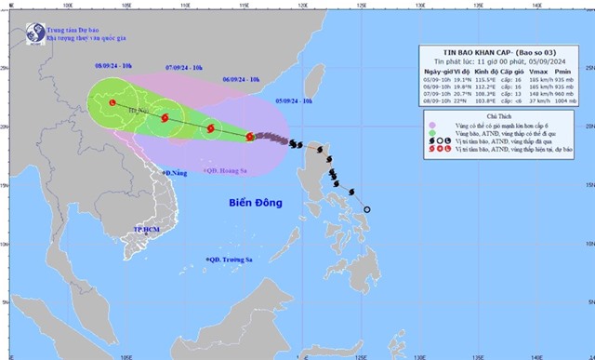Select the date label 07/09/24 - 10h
[184, 67]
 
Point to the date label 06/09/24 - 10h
[240, 81]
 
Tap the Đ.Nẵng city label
[174, 173]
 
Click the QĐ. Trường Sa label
[228, 260]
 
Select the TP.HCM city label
[146, 228]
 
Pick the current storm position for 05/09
[249, 136]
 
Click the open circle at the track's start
[366, 209]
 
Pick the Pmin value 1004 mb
[562, 103]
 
